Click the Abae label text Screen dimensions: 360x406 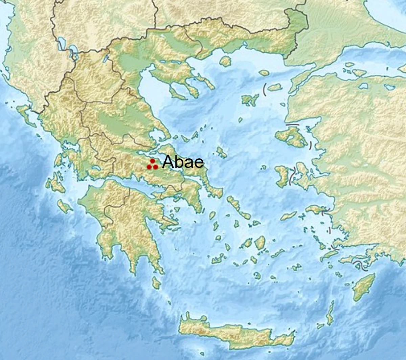[x=183, y=162]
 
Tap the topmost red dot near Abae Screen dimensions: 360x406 [x=152, y=161]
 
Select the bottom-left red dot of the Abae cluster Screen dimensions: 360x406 [x=149, y=167]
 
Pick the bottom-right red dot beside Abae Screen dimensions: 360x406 [x=156, y=167]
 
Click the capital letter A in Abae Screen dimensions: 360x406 [x=168, y=162]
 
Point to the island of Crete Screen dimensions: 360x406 [x=233, y=333]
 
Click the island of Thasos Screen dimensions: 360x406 [x=225, y=61]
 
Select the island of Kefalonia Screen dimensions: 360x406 [x=54, y=183]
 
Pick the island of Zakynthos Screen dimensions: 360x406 [x=64, y=206]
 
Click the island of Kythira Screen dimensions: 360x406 [x=156, y=282]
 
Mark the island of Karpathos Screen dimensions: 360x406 [x=330, y=313]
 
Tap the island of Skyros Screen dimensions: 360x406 [x=222, y=152]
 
